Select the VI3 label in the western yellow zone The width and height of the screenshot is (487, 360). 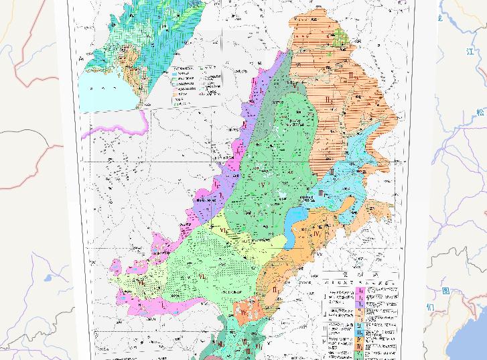coord(141,282)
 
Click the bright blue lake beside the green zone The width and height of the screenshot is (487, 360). coord(295,218)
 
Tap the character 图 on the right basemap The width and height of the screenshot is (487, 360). coord(446,291)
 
